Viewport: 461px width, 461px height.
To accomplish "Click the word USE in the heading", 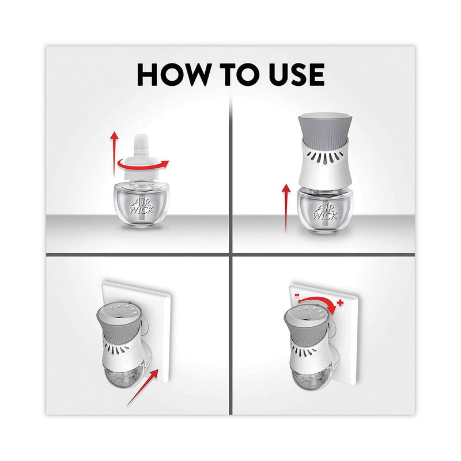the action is point(296,75).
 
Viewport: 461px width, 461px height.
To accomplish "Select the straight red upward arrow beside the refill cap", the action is point(114,154).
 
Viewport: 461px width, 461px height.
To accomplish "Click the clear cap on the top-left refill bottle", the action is point(141,160).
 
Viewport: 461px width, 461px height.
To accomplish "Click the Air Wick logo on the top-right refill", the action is point(325,211).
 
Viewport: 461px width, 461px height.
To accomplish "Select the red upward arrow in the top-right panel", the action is point(286,208).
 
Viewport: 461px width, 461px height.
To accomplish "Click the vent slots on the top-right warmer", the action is point(324,157).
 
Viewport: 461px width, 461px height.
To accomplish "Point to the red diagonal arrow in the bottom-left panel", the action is point(143,387).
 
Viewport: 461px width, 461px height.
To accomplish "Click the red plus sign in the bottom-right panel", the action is point(340,303).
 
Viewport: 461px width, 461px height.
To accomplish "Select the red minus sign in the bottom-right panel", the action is point(297,294).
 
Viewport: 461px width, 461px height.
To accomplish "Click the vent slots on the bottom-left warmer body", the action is point(117,349).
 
